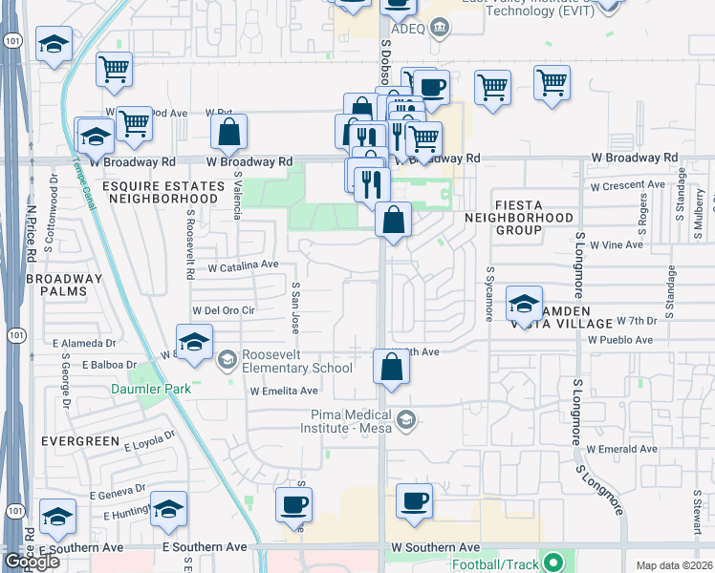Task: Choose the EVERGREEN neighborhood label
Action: pos(80,441)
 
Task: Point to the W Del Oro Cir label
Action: pos(225,310)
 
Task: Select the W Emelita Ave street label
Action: pos(284,391)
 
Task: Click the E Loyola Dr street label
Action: pos(151,437)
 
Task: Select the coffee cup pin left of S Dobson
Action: pos(293,503)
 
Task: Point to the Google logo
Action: pos(32,562)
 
